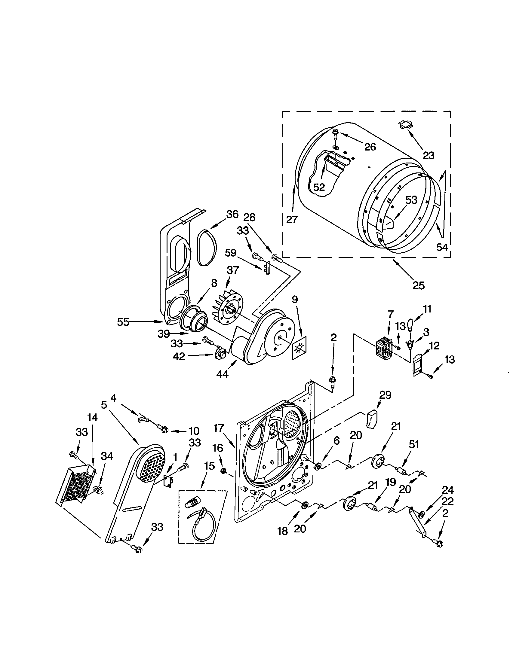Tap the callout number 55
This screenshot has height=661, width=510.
click(x=123, y=322)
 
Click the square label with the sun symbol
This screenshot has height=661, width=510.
click(x=299, y=348)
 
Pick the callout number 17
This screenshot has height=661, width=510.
click(x=218, y=428)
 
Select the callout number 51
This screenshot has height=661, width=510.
click(x=414, y=444)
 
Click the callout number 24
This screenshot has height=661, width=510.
click(x=447, y=490)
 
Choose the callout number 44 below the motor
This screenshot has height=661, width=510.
click(x=223, y=374)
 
